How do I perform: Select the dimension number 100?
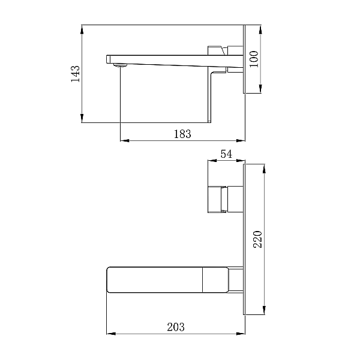pos(254,59)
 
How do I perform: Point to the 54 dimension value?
pos(226,154)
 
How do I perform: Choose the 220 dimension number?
pos(257,239)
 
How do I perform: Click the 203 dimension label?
pos(175,327)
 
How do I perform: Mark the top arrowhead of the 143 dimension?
pos(82,28)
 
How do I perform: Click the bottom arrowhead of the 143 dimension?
pos(82,120)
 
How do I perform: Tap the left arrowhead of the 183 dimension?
pos(124,142)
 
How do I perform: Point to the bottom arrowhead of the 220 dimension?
pos(263,311)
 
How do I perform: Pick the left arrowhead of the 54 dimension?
pos(210,161)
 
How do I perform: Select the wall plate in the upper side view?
pos(245,59)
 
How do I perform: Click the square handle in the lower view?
pos(217,199)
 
